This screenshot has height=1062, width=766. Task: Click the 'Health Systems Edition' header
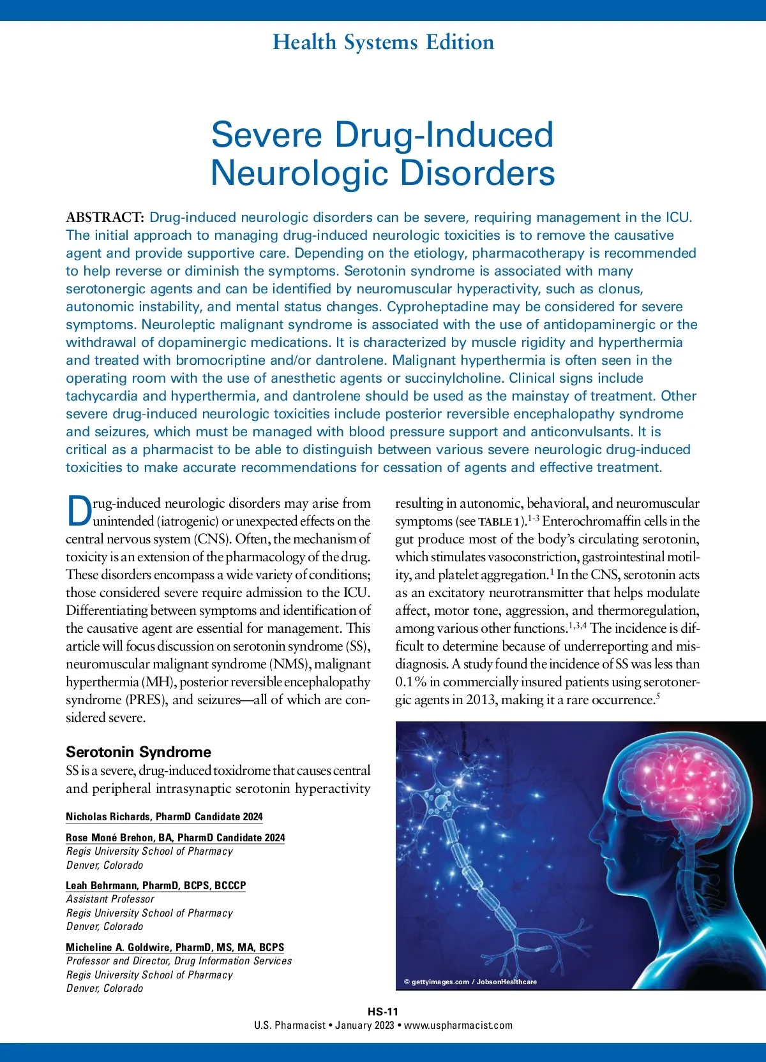click(383, 42)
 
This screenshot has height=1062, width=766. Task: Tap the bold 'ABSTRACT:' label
click(105, 218)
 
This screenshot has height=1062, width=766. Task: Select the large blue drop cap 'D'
click(79, 512)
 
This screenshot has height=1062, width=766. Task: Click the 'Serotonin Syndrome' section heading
click(139, 752)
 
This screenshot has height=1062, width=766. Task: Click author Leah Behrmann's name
click(102, 885)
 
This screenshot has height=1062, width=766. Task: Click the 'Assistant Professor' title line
click(110, 899)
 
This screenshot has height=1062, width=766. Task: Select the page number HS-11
click(383, 1011)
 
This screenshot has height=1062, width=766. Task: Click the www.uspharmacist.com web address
click(458, 1025)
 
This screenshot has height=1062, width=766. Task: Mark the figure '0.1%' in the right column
click(411, 682)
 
